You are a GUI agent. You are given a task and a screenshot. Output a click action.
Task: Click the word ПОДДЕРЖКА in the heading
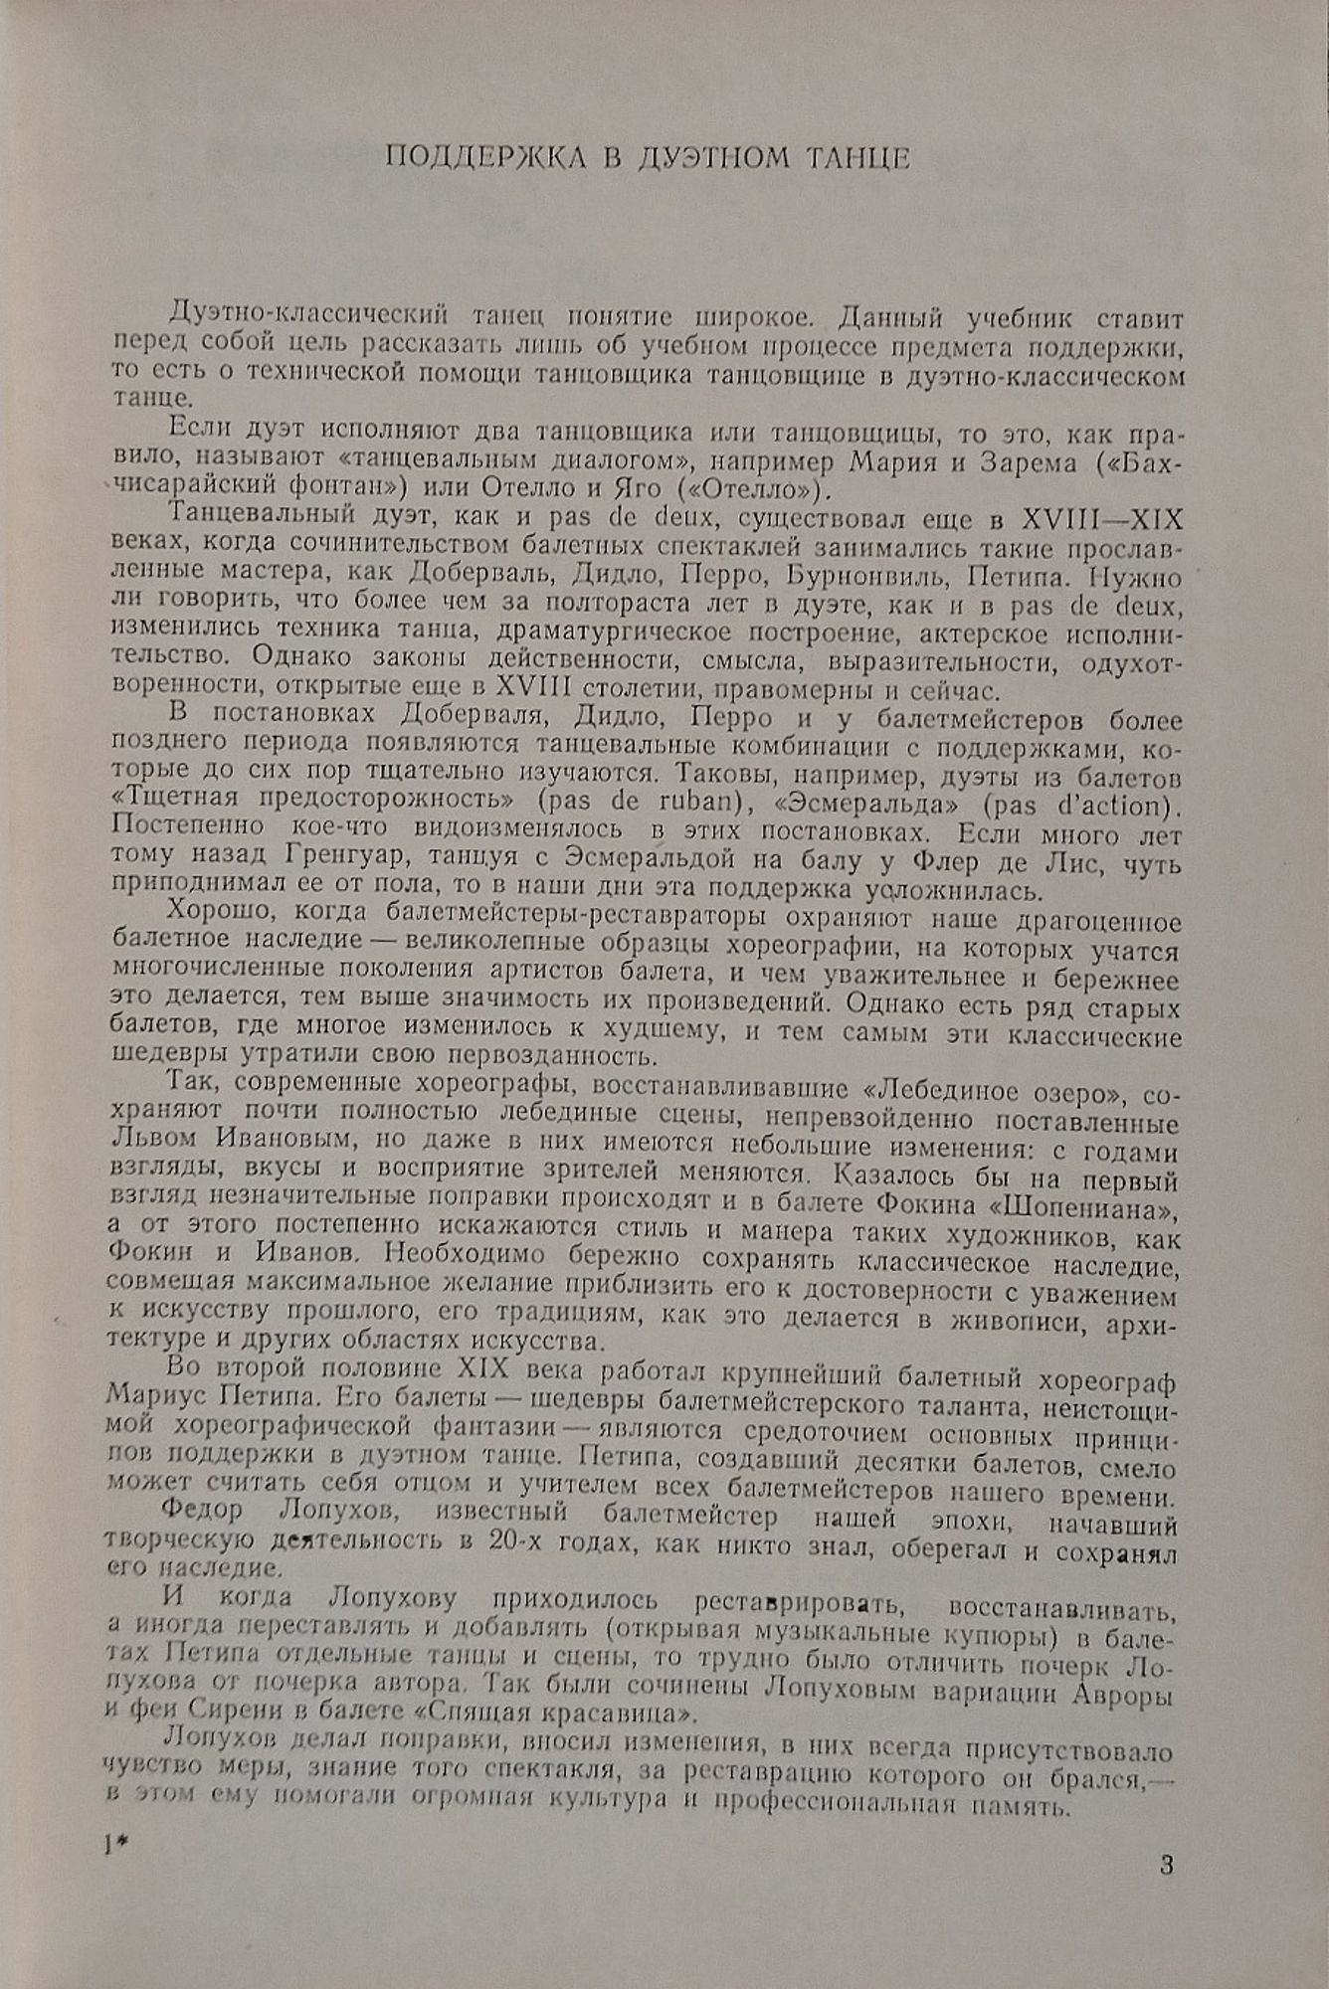484,158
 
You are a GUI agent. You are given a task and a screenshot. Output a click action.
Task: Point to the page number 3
1167,1864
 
